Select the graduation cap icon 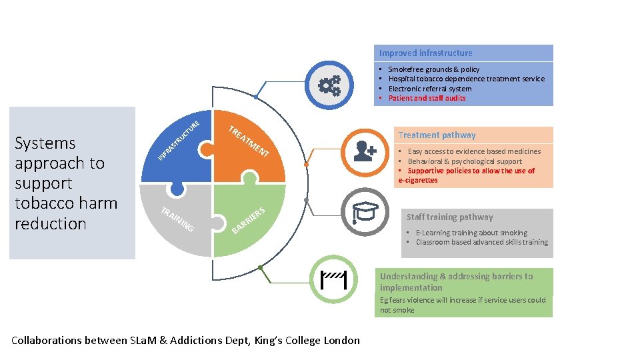(x=364, y=212)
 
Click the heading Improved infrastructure (x=425, y=53)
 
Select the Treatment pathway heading (x=437, y=135)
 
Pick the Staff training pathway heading (x=450, y=217)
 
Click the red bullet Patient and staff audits (x=427, y=98)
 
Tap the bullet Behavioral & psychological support (x=465, y=161)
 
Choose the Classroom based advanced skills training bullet (x=481, y=242)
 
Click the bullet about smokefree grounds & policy (x=433, y=69)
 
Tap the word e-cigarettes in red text (x=418, y=181)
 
